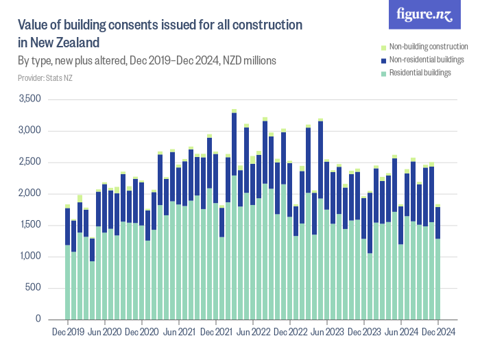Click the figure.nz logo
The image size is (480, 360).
424,14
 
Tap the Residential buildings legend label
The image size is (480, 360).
420,72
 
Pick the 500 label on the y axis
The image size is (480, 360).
35,288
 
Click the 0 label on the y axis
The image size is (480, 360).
40,320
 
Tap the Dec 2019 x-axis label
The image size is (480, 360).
68,332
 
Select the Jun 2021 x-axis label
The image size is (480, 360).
179,332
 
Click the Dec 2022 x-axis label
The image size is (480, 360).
290,332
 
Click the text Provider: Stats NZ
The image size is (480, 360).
45,77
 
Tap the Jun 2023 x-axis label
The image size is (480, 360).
327,332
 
